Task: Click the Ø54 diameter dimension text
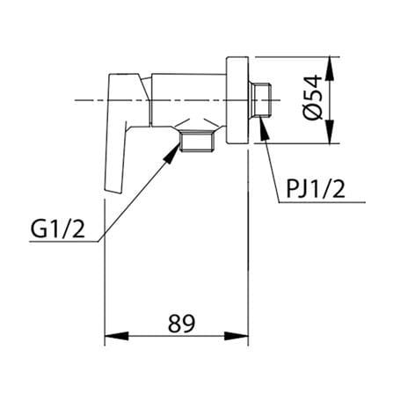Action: [313, 98]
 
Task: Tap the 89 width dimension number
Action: [181, 324]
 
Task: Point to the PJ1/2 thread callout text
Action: [316, 189]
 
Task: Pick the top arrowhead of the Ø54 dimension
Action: [331, 69]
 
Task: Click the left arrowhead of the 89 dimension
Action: [117, 336]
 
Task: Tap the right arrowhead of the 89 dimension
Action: [237, 336]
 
